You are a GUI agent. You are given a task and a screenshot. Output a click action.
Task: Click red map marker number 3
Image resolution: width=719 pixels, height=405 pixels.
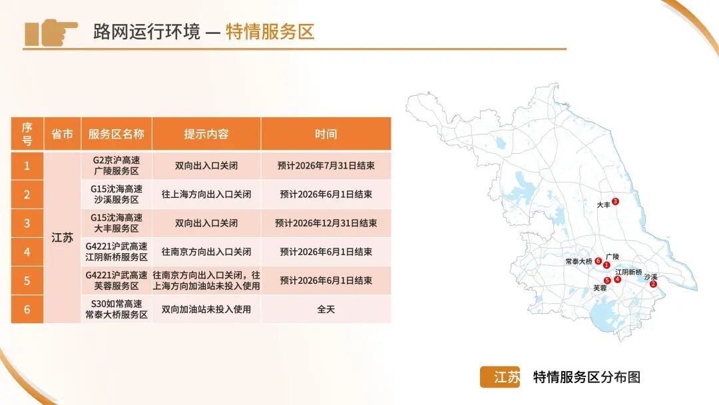615,201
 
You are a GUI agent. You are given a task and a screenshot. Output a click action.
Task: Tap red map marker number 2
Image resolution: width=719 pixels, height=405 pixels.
653,284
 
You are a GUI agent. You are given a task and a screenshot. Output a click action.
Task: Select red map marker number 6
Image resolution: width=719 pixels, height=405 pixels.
599,260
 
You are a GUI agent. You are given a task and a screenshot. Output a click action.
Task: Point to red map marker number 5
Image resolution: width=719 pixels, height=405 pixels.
607,280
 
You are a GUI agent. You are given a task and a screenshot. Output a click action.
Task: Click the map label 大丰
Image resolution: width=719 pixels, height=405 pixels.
603,206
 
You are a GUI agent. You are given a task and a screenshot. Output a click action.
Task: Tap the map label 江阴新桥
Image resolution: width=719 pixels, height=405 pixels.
628,272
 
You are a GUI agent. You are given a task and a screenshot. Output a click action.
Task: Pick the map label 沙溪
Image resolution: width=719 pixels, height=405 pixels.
650,276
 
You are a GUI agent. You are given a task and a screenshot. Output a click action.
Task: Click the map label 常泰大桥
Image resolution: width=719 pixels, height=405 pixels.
579,261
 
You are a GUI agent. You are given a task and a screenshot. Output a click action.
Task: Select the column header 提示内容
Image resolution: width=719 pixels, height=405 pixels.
206,134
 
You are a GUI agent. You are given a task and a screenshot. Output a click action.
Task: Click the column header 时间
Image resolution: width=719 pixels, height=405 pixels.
326,134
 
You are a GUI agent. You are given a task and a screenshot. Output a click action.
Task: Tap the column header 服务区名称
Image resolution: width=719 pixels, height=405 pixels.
117,134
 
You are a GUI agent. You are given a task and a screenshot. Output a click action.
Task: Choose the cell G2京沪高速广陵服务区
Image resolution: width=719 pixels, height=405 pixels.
117,165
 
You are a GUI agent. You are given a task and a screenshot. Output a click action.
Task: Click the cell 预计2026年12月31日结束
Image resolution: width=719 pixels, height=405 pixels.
326,223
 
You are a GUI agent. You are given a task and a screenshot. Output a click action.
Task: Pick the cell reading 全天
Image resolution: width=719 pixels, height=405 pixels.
326,309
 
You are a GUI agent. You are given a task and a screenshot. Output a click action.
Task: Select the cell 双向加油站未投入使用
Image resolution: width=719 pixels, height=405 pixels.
206,309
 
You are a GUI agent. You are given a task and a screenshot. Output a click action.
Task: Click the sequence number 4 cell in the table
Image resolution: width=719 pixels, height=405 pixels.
27,252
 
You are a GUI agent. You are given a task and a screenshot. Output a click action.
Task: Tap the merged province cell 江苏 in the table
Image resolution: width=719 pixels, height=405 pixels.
63,237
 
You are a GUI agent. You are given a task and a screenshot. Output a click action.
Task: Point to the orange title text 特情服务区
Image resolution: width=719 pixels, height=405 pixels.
270,31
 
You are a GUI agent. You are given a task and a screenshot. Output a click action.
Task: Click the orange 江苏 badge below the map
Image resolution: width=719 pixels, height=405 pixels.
500,377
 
